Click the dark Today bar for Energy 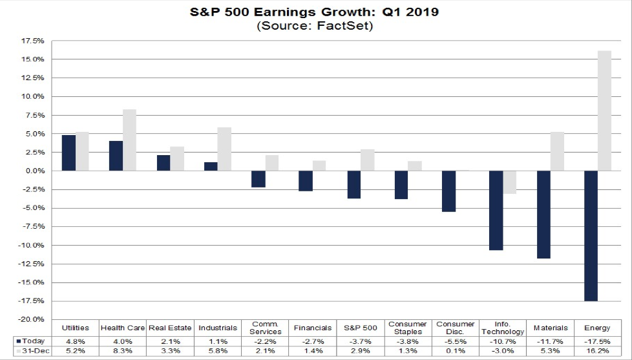[x=590, y=235]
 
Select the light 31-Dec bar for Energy [x=604, y=111]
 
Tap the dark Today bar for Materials [x=543, y=214]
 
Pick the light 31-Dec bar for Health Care [x=129, y=140]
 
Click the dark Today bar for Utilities [x=68, y=153]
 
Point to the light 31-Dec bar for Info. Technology [x=509, y=182]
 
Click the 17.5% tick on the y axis [x=32, y=41]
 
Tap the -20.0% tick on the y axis [x=31, y=319]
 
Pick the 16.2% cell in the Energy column [x=597, y=351]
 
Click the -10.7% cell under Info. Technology [x=503, y=341]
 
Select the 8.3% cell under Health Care [x=123, y=351]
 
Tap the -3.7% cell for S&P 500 [x=360, y=341]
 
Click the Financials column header [x=313, y=328]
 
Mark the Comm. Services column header [x=265, y=328]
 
